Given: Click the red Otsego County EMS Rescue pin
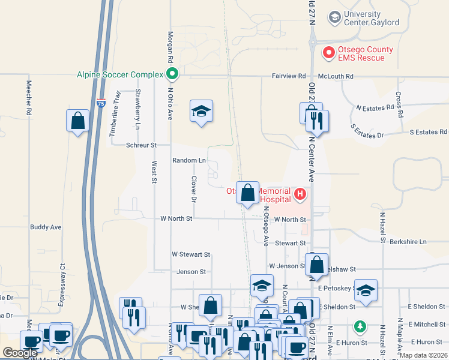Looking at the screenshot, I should (x=328, y=53).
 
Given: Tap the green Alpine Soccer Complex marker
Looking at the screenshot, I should (x=172, y=75).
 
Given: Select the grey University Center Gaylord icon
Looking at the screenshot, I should (x=334, y=18).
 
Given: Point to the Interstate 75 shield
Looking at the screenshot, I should (x=101, y=103).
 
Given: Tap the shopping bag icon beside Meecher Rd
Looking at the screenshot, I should (x=78, y=121).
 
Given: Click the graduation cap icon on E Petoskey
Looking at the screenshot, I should (x=366, y=290).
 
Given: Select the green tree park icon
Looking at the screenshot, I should (x=360, y=326).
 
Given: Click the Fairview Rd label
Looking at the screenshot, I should (x=289, y=77).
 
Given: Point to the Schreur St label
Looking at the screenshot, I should (x=141, y=145).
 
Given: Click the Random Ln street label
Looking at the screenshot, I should (x=188, y=161).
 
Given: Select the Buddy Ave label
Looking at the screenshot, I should (x=46, y=227).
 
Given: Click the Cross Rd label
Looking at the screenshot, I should (x=399, y=104).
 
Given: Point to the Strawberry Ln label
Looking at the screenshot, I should (x=137, y=109).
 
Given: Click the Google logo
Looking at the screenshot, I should (x=20, y=353).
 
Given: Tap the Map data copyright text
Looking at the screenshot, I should (x=424, y=355).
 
